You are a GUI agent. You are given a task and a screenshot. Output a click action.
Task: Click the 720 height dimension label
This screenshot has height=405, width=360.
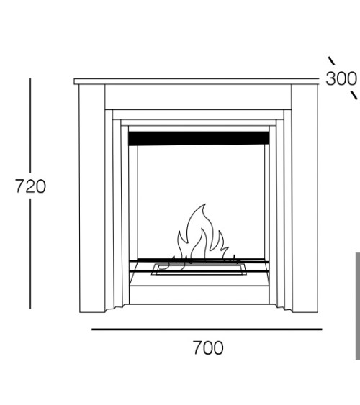[30, 186]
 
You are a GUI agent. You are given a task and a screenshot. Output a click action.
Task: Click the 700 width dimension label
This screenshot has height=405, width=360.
[208, 347]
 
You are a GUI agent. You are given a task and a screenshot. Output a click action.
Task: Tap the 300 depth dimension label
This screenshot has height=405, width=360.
[341, 78]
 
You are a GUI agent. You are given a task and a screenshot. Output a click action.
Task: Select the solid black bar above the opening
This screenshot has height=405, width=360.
[199, 138]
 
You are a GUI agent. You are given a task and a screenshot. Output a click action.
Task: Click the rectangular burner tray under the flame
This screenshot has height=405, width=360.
[199, 269]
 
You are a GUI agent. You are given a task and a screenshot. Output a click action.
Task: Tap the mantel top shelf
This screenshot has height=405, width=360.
[197, 81]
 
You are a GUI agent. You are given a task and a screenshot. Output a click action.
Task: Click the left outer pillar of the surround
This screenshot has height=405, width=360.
[92, 199]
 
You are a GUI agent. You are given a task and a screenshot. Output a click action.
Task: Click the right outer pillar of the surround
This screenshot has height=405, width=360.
[305, 199]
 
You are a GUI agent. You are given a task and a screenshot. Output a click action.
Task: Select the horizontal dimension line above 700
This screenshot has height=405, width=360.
[207, 329]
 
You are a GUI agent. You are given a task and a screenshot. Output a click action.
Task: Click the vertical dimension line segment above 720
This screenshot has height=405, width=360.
[30, 126]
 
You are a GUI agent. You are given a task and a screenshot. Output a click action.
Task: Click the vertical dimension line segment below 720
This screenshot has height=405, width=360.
[30, 254]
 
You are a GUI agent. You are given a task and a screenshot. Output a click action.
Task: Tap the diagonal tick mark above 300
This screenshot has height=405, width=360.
[332, 61]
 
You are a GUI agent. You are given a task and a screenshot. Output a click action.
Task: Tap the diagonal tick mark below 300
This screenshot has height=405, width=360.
[354, 95]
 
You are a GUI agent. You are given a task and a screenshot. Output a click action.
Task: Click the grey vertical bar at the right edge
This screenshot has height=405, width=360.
[358, 306]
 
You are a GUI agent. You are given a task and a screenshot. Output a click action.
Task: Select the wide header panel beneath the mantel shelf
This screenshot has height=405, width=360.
[198, 97]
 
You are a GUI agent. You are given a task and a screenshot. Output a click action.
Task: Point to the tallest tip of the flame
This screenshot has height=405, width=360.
[205, 204]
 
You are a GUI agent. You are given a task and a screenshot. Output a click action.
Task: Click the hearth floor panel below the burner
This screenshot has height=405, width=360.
[199, 295]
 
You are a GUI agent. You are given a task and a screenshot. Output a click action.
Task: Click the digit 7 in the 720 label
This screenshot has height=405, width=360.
[20, 186]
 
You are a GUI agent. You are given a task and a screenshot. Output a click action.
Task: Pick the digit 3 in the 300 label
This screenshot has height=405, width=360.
[330, 78]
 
